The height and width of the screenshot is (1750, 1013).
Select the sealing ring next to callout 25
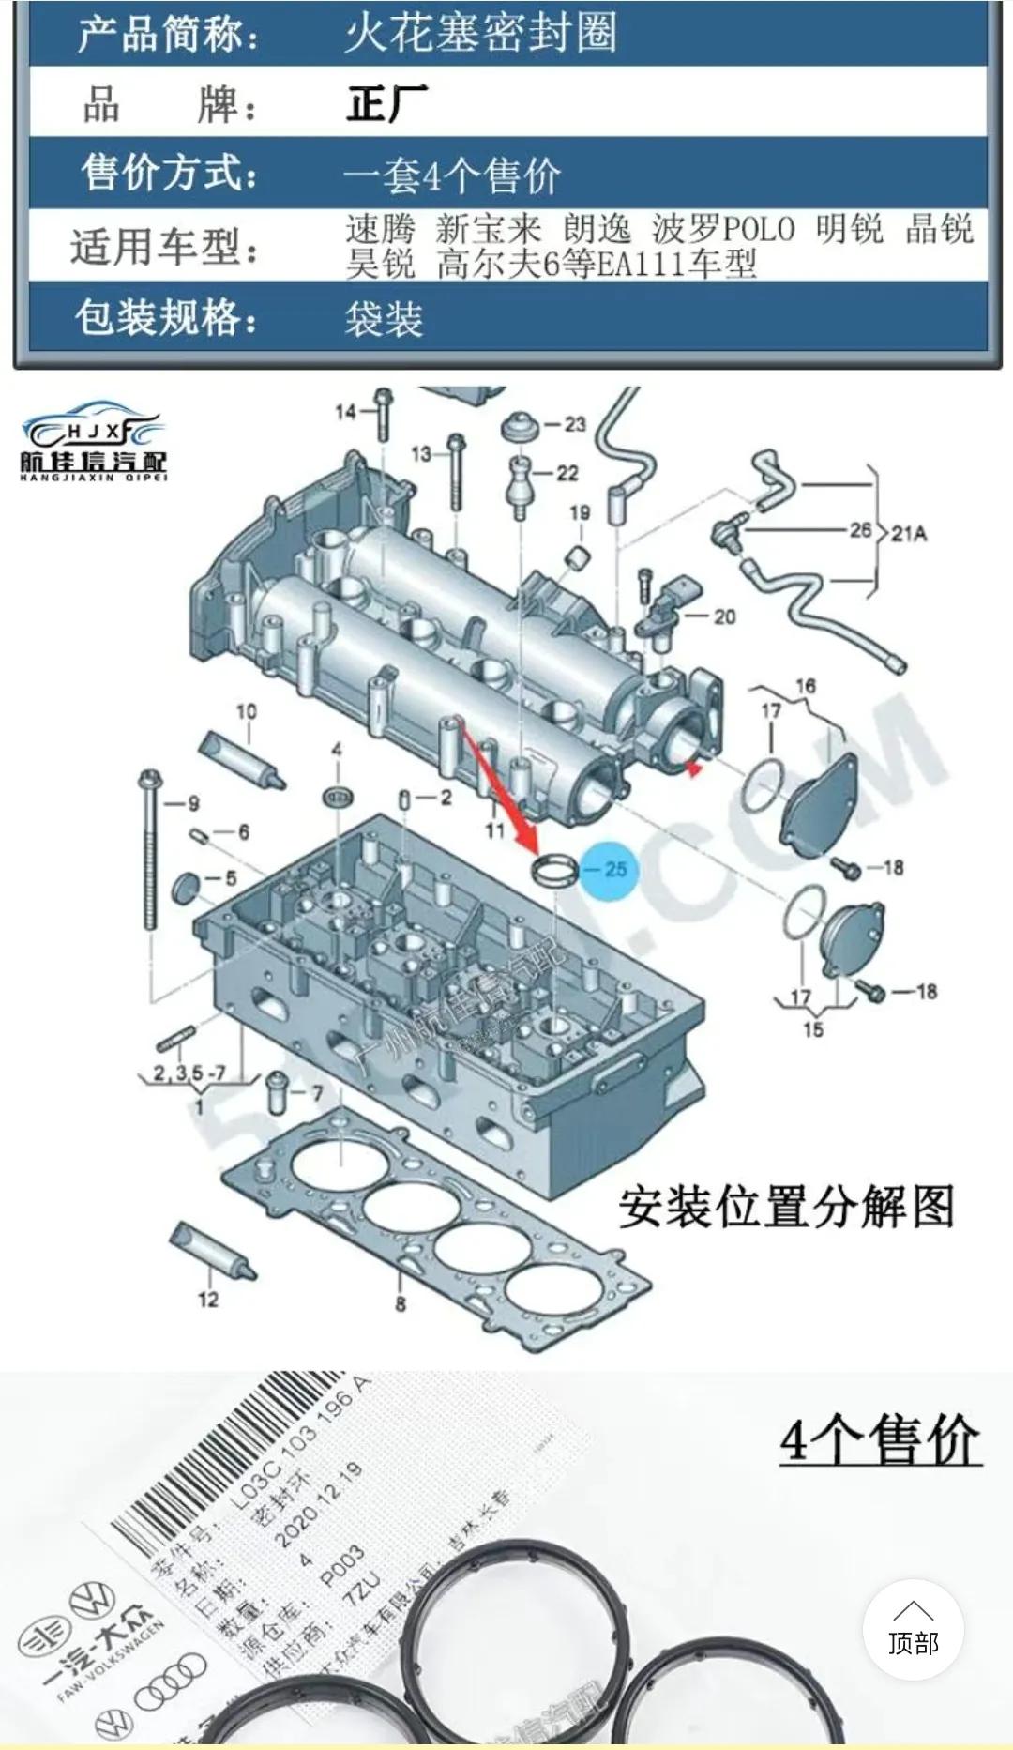554,870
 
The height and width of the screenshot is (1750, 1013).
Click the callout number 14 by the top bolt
345,411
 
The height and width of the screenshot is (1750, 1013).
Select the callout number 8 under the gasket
401,1303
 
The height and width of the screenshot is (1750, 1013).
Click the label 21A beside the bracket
908,534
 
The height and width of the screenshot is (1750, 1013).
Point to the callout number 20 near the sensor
724,616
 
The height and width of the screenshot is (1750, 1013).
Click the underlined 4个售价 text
880,1441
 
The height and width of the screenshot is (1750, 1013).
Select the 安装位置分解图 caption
786,1207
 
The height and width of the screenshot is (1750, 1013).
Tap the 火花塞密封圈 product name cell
480,35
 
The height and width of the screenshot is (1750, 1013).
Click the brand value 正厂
386,103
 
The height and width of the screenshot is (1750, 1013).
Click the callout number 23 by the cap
574,424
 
